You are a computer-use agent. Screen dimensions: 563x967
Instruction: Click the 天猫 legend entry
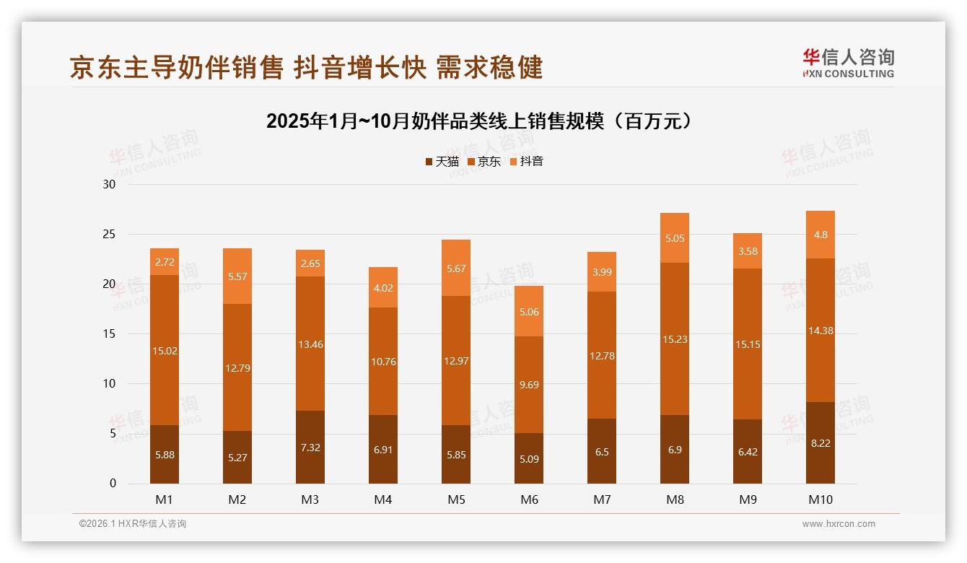pyautogui.click(x=442, y=162)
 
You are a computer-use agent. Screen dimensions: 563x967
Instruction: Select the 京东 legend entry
pyautogui.click(x=484, y=162)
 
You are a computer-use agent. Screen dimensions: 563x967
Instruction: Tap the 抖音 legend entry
pyautogui.click(x=527, y=162)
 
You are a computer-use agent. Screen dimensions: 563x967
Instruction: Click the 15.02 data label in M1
pyautogui.click(x=165, y=352)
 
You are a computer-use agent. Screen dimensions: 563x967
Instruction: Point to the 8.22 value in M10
pyautogui.click(x=821, y=443)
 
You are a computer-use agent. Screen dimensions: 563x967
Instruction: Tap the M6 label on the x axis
pyautogui.click(x=529, y=499)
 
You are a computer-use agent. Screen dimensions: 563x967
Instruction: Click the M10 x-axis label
pyautogui.click(x=821, y=499)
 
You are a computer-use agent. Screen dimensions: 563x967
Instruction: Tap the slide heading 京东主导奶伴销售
pyautogui.click(x=306, y=67)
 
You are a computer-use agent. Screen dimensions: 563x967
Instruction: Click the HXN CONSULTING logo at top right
pyautogui.click(x=848, y=64)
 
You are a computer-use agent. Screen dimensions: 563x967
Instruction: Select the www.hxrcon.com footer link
pyautogui.click(x=839, y=524)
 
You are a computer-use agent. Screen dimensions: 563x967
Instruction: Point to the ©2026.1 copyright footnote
pyautogui.click(x=133, y=524)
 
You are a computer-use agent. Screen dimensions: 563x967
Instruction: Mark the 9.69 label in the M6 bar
pyautogui.click(x=529, y=385)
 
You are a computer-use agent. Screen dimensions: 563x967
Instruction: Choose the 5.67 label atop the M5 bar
pyautogui.click(x=456, y=269)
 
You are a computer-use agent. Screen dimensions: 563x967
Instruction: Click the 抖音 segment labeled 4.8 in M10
pyautogui.click(x=821, y=235)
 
